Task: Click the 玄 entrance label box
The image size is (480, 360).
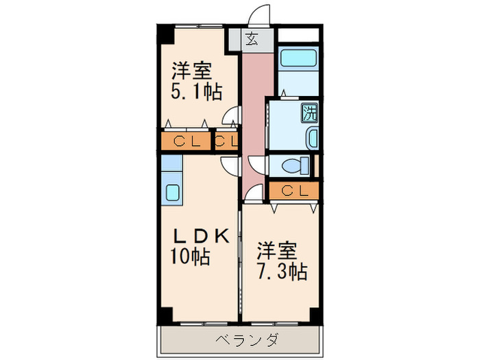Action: coord(251,39)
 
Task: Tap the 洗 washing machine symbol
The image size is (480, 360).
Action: coord(309,112)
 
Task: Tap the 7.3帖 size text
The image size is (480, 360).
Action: coord(281,272)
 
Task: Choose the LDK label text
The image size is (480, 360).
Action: coord(200,236)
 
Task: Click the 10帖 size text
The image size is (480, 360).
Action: coord(191,258)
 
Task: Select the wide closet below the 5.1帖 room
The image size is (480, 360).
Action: coord(187,142)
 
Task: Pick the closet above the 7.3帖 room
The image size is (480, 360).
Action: coord(293,189)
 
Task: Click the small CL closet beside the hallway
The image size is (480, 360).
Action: coord(226,142)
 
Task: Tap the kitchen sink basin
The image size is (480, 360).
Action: coord(171,193)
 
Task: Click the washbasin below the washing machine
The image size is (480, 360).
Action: coord(313,138)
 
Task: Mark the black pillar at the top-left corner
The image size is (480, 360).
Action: coord(166,34)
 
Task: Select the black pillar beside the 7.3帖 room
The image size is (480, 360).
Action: coord(315,315)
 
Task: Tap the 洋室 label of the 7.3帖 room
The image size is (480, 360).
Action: coord(277,248)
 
